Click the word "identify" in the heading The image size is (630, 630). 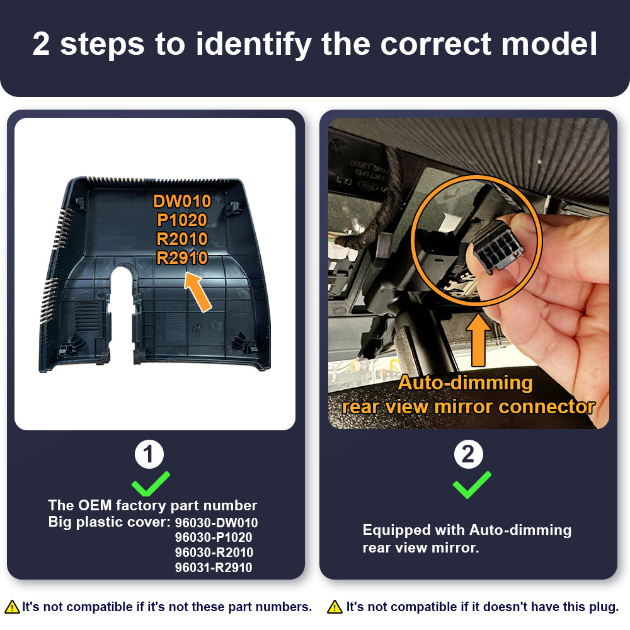coord(253,45)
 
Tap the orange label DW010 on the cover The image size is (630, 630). coord(182,202)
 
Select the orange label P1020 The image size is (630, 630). coord(182,220)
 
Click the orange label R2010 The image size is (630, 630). coord(182,239)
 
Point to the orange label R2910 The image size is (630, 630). coord(182,258)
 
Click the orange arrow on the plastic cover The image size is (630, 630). coord(198,292)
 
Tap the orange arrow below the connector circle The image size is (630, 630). coord(478,340)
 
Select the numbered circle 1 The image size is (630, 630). coord(149,454)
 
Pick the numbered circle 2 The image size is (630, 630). coord(469,454)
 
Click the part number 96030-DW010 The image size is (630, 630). coord(216,523)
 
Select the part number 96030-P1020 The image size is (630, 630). coord(214,537)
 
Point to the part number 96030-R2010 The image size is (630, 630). coord(214,553)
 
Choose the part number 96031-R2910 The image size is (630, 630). coord(214,568)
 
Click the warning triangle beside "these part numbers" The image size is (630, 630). coord(13,607)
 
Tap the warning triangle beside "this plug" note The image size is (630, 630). coord(335,607)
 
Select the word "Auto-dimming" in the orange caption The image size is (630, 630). coord(466,382)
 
